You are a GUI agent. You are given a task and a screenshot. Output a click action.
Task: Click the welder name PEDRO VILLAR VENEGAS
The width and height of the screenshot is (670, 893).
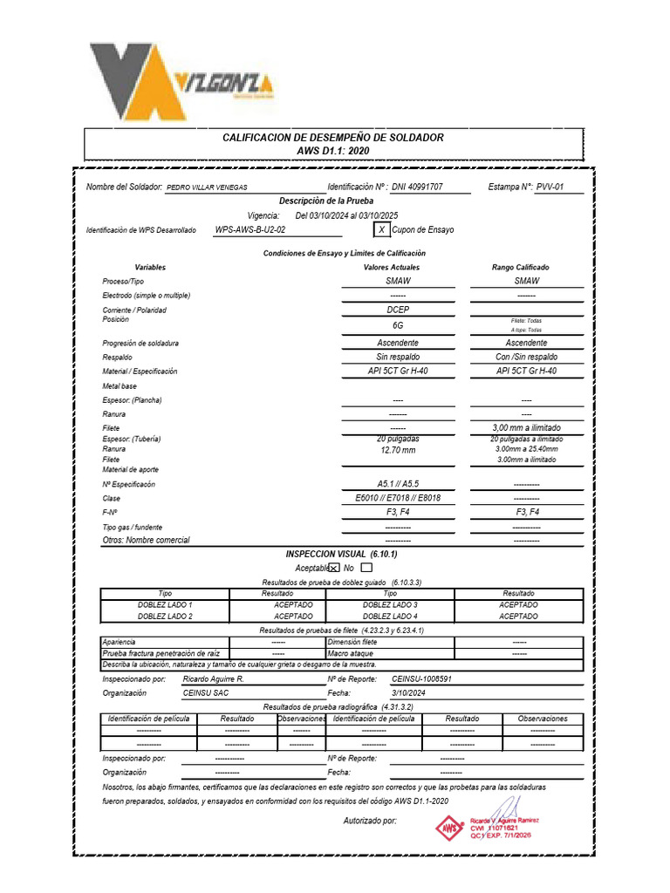207,187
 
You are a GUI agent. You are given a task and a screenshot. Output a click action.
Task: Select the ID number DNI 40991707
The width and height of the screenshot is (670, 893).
417,187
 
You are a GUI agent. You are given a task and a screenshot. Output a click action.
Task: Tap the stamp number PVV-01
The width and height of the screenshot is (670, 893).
550,187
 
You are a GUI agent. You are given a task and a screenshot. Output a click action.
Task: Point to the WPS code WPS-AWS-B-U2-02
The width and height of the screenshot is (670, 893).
250,229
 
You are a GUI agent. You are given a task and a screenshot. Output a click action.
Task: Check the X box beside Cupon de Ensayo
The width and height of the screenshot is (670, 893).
381,229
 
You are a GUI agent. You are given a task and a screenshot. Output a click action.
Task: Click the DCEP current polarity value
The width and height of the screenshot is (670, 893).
398,310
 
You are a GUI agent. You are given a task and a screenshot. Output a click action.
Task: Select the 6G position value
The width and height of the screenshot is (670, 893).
398,324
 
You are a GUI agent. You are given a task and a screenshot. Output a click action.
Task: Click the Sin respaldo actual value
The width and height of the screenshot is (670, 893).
398,357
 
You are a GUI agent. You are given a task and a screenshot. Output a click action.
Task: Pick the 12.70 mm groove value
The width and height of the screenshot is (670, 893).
398,450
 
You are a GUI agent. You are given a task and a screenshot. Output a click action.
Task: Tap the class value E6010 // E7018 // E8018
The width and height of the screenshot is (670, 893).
398,498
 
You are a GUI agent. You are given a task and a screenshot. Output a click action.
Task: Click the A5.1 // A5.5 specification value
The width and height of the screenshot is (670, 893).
398,484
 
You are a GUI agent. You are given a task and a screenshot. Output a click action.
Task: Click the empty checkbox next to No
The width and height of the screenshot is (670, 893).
366,568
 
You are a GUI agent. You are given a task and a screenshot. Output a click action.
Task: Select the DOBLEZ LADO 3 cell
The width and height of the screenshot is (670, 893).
390,604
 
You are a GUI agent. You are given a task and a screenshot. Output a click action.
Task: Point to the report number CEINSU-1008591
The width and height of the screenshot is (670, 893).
422,678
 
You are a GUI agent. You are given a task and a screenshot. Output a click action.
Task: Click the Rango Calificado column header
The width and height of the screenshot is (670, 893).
521,267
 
